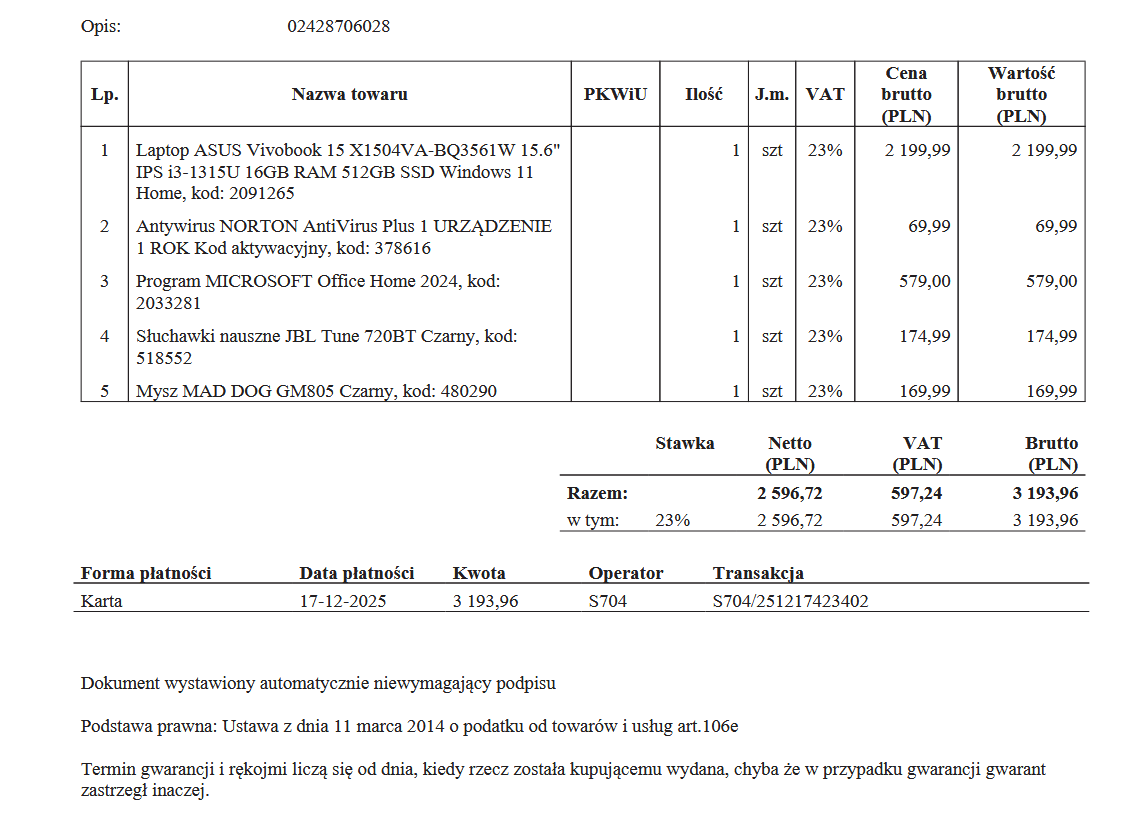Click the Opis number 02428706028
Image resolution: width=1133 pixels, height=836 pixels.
tap(338, 26)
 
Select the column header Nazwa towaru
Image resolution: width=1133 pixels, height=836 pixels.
tap(349, 95)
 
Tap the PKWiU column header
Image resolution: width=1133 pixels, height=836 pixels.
tap(615, 95)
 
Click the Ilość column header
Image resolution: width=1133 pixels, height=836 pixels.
tap(704, 95)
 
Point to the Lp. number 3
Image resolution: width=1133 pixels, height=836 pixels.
tap(104, 281)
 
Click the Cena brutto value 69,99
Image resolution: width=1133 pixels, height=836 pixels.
tap(929, 226)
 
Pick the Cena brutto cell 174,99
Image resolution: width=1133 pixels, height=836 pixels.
tap(925, 336)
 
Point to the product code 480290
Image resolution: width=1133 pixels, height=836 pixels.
tap(466, 391)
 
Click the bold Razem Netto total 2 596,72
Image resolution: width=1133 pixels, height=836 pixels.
tap(790, 493)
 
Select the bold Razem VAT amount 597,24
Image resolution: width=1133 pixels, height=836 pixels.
tap(916, 493)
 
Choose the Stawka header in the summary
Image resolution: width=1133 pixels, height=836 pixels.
tap(685, 443)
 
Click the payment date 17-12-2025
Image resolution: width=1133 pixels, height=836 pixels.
tap(343, 602)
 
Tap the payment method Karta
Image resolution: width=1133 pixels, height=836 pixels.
tap(102, 602)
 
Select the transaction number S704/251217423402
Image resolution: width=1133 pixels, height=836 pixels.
tap(790, 602)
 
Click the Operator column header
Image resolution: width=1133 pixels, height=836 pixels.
tap(626, 574)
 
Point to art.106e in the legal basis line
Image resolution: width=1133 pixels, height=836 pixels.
tap(708, 726)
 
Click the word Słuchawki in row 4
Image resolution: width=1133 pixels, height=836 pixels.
tap(171, 336)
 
